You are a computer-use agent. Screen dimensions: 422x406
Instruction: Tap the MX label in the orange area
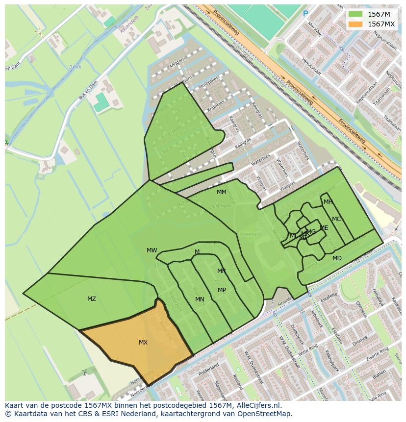pyautogui.click(x=143, y=343)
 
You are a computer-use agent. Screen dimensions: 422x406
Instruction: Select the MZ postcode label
pyautogui.click(x=92, y=298)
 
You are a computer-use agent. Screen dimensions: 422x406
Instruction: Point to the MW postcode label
pyautogui.click(x=152, y=250)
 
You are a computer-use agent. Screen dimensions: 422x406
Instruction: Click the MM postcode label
pyautogui.click(x=222, y=192)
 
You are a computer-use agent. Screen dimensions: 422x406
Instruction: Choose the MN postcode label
pyautogui.click(x=200, y=299)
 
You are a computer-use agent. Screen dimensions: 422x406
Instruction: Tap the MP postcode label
pyautogui.click(x=222, y=290)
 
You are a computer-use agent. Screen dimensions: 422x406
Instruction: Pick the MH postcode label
pyautogui.click(x=328, y=202)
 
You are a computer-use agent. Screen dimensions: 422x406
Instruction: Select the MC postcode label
pyautogui.click(x=336, y=219)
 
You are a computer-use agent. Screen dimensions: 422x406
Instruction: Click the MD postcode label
pyautogui.click(x=337, y=258)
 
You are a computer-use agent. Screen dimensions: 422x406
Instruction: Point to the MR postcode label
pyautogui.click(x=222, y=271)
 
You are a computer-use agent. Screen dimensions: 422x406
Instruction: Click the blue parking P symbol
pyautogui.click(x=305, y=14)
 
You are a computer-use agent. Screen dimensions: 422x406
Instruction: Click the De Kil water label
pyautogui.click(x=75, y=67)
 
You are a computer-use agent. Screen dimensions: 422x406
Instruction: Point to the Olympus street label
pyautogui.click(x=361, y=306)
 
